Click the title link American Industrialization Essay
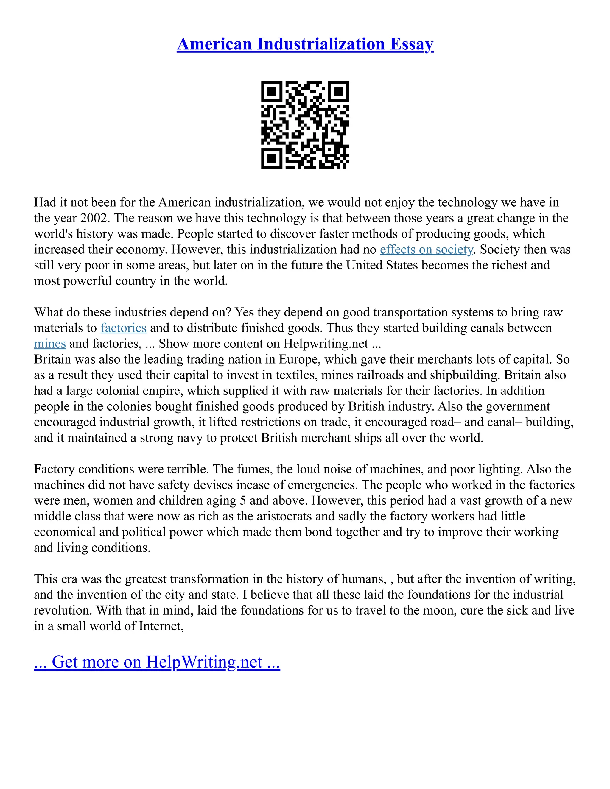[x=305, y=44]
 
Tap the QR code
[x=305, y=125]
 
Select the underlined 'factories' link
[x=123, y=328]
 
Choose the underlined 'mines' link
[x=49, y=344]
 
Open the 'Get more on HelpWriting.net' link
[x=157, y=662]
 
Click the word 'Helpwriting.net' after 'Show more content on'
[x=326, y=344]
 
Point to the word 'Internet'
[x=161, y=626]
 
